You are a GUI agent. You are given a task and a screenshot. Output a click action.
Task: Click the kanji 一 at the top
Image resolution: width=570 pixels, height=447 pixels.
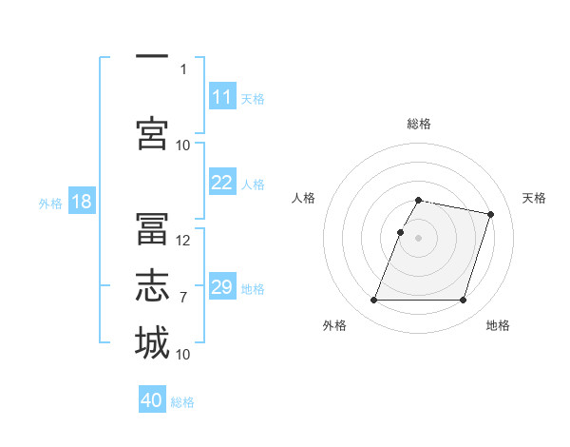(152, 56)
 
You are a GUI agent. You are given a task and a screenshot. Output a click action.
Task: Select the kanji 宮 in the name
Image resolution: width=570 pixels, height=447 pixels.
(152, 133)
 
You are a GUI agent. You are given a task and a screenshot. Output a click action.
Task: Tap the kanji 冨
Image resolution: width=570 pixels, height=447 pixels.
(152, 228)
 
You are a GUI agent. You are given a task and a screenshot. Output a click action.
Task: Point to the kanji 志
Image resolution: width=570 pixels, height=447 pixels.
(152, 285)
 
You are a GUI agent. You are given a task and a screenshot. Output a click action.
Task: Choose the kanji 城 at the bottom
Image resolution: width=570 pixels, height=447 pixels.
(152, 342)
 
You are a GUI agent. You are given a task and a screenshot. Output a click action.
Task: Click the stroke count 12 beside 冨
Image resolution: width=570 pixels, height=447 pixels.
(182, 241)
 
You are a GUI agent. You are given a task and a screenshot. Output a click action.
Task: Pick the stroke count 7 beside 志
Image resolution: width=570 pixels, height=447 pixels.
(183, 298)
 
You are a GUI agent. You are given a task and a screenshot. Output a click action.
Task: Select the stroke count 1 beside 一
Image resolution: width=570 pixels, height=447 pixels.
(183, 69)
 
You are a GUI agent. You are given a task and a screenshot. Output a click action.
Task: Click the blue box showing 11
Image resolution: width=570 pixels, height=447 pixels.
(222, 96)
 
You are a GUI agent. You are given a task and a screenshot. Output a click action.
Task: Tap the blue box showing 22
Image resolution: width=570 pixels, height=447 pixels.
(222, 182)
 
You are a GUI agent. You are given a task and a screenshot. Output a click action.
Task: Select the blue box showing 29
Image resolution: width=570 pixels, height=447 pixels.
(222, 285)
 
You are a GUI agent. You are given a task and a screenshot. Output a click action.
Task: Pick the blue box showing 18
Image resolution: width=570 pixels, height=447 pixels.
(82, 201)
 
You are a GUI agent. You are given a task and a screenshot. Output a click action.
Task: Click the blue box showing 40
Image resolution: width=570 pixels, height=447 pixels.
(152, 398)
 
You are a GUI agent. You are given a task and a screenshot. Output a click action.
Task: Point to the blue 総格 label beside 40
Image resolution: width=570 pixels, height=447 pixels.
(182, 402)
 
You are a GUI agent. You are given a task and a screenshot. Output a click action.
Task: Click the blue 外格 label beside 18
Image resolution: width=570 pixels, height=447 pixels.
(50, 204)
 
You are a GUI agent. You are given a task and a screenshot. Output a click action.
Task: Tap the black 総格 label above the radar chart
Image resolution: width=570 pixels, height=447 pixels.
(419, 124)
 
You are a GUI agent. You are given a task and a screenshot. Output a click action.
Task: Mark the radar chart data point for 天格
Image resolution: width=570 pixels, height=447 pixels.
(490, 214)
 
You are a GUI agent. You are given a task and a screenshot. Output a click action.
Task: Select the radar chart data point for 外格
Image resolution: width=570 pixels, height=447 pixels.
(373, 300)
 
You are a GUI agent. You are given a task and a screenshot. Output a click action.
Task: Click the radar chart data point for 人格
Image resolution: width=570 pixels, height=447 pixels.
(400, 233)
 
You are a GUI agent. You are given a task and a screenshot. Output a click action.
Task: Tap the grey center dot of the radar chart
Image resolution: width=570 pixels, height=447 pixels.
(418, 238)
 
